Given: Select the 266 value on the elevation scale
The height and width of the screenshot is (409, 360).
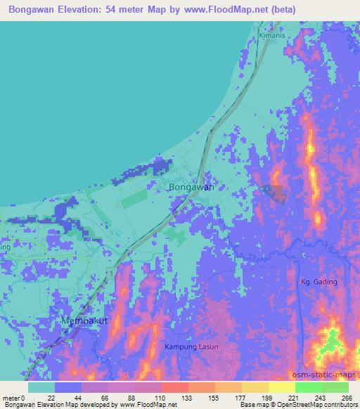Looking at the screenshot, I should pyautogui.click(x=347, y=398).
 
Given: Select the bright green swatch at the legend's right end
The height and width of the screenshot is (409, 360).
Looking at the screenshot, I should pyautogui.click(x=335, y=387).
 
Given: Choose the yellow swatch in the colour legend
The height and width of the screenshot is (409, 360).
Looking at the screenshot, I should pyautogui.click(x=281, y=387).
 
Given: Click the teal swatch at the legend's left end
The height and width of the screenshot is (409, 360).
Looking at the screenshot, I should pyautogui.click(x=41, y=387).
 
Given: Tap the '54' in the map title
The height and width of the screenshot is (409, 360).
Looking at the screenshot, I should pyautogui.click(x=127, y=10).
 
